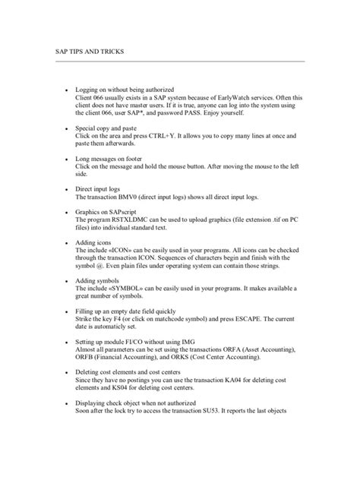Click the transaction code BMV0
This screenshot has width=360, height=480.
pyautogui.click(x=132, y=196)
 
